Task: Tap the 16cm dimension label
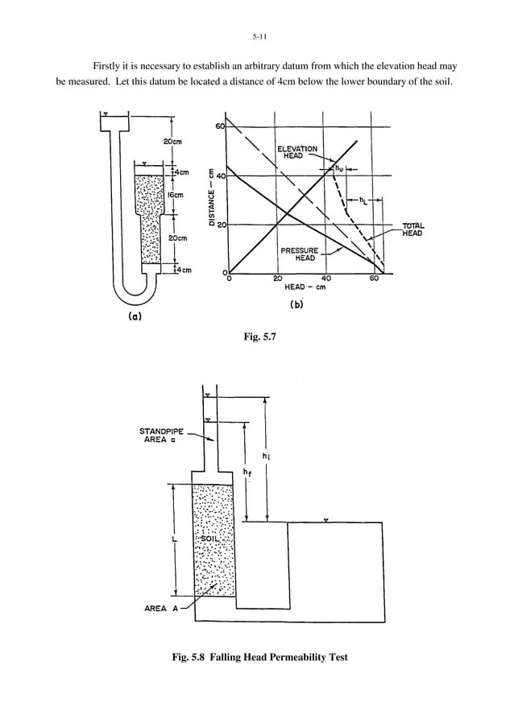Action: coord(176,195)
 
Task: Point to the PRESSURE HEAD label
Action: coord(299,254)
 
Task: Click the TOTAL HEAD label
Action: coord(412,229)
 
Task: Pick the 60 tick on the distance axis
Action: coord(219,126)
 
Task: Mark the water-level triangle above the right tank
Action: coord(325,520)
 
